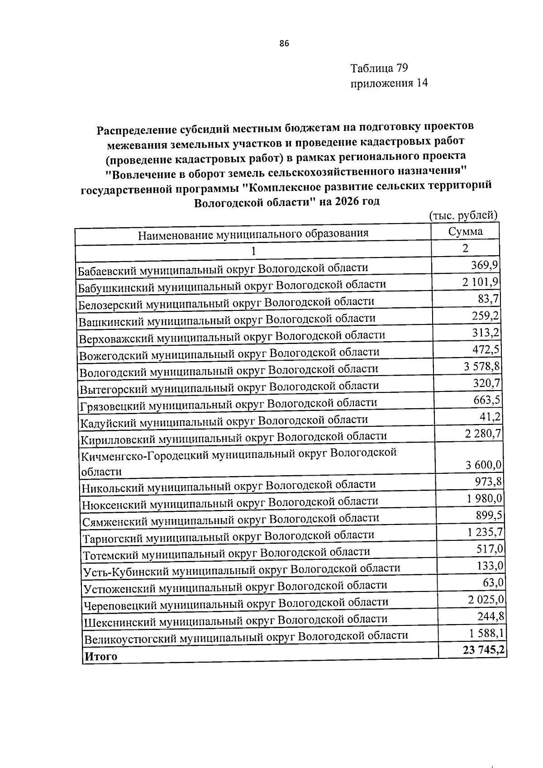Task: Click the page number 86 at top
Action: pyautogui.click(x=284, y=43)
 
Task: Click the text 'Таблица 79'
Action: pyautogui.click(x=379, y=68)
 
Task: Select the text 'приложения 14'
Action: pyautogui.click(x=389, y=83)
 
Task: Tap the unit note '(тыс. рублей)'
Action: pyautogui.click(x=463, y=215)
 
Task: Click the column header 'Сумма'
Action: pyautogui.click(x=465, y=232)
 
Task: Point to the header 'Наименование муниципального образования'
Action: pyautogui.click(x=253, y=234)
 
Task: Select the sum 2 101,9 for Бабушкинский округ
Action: pyautogui.click(x=481, y=282)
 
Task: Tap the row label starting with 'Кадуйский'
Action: pyautogui.click(x=224, y=421)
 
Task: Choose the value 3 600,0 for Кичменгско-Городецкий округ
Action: pyautogui.click(x=484, y=465)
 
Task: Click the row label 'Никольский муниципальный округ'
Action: pyautogui.click(x=229, y=486)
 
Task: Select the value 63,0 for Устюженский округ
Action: pyautogui.click(x=494, y=582)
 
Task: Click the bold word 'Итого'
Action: pyautogui.click(x=101, y=657)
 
